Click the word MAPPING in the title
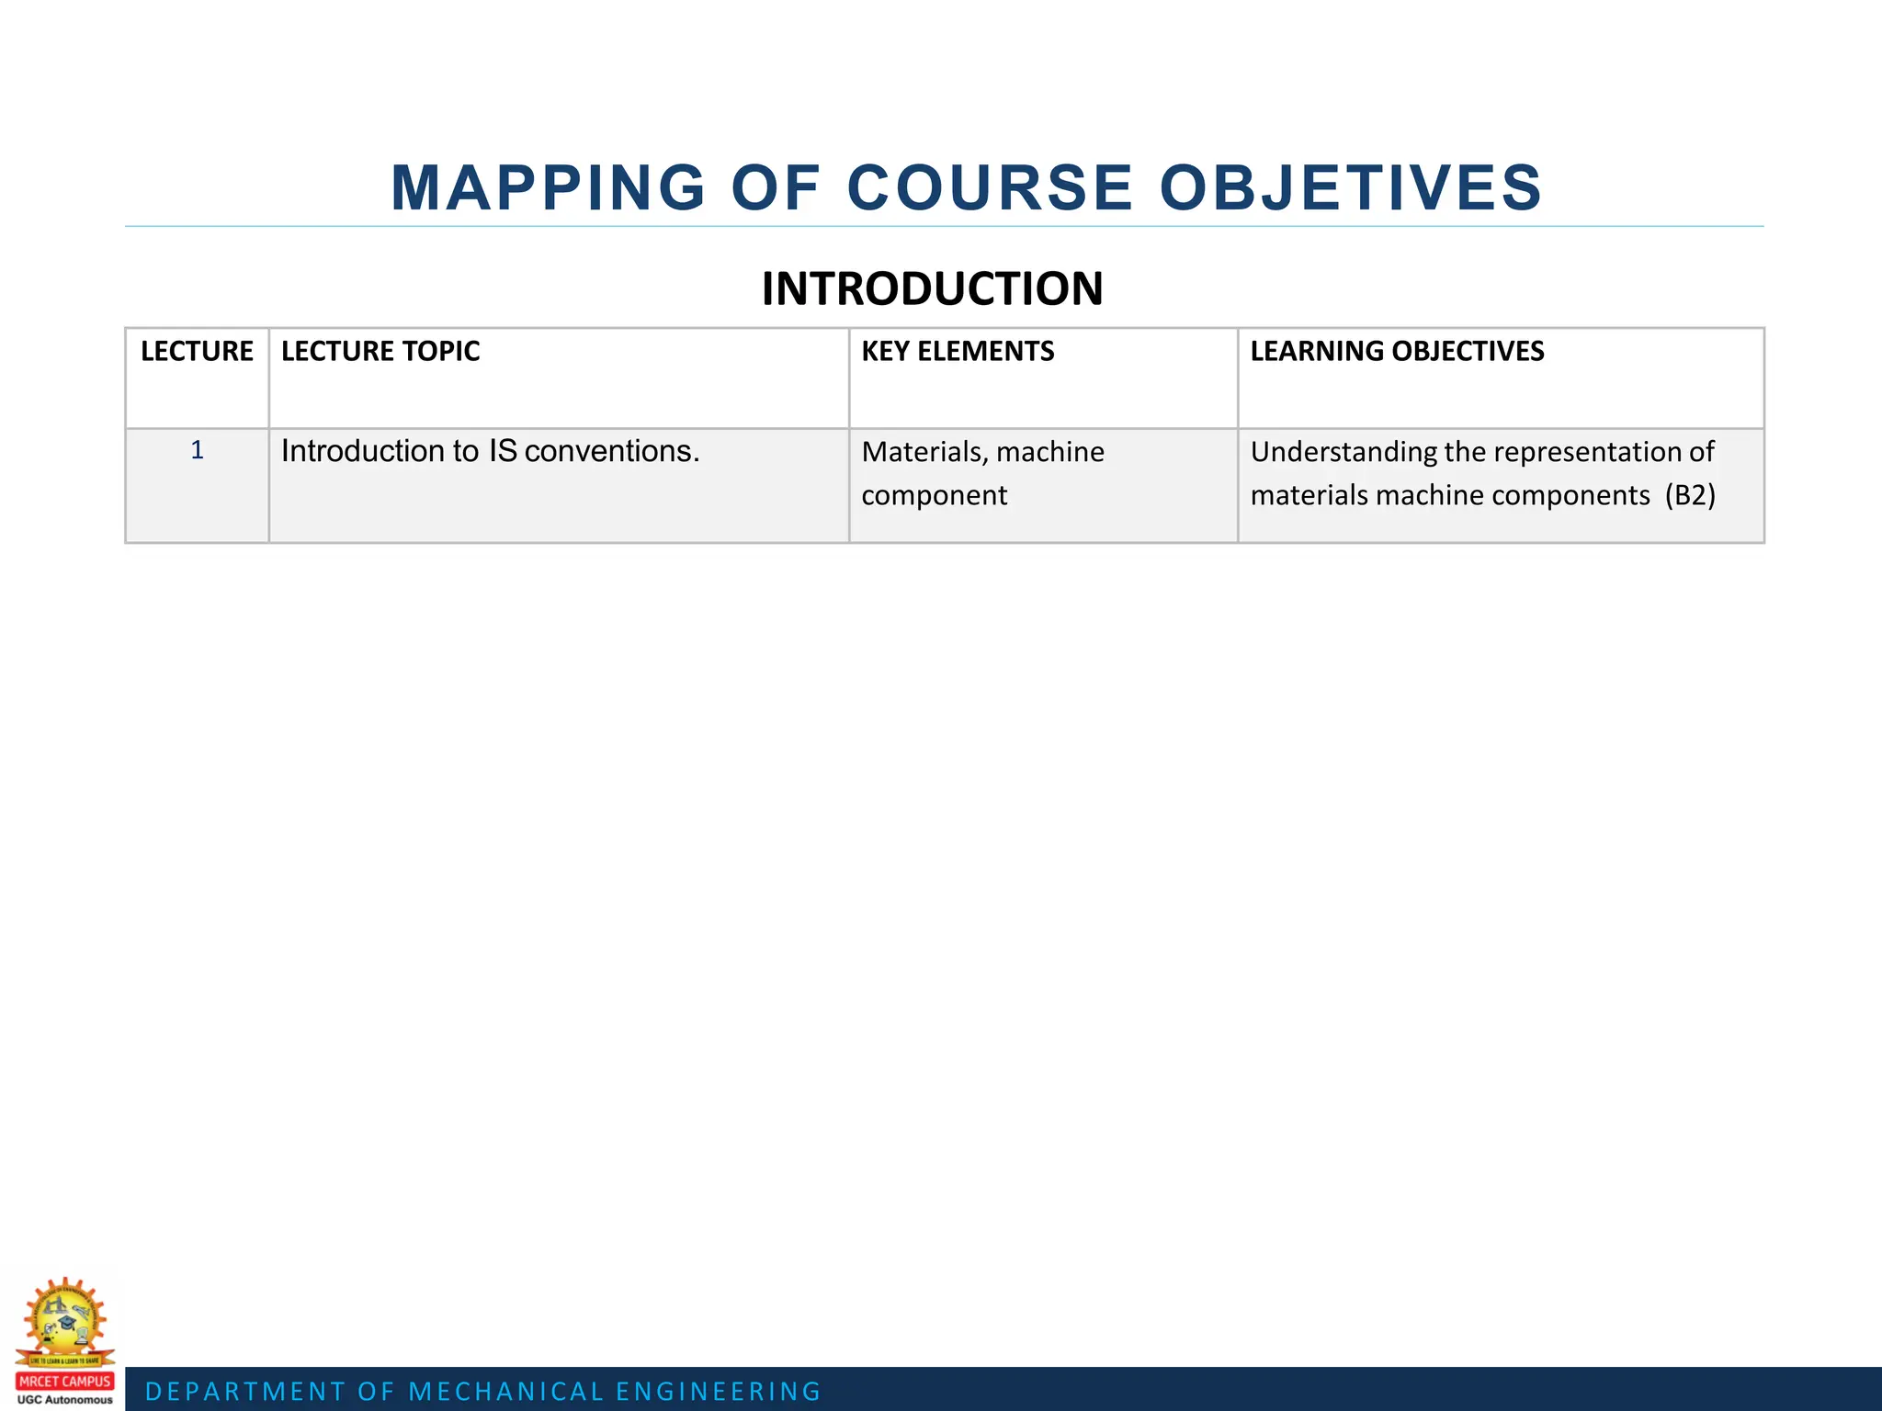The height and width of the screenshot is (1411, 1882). coord(548,188)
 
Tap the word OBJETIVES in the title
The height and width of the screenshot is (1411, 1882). coord(1351,188)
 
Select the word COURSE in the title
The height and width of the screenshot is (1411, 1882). coord(990,188)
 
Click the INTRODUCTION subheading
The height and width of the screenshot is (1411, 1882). coord(932,288)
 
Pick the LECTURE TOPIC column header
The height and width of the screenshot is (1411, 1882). coord(380,351)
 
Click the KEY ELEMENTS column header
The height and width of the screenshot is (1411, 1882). coord(958,351)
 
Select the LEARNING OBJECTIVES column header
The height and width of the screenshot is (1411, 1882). coord(1397,351)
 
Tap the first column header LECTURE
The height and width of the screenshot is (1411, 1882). coord(197,351)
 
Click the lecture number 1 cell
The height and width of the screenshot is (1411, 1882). coord(197,450)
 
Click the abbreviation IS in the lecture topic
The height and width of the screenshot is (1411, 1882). coord(502,451)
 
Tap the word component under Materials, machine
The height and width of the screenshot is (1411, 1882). coord(934,495)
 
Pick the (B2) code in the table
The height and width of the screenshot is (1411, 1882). coord(1690,495)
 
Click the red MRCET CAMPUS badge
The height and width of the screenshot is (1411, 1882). coord(64,1381)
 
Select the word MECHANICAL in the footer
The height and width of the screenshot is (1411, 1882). coord(506,1392)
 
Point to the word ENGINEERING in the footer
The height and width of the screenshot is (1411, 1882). coord(719,1392)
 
